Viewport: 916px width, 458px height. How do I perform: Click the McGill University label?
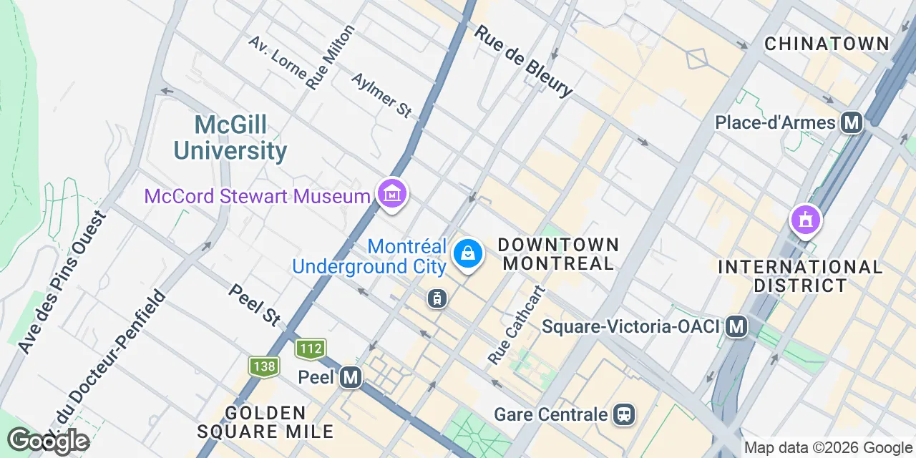(230, 138)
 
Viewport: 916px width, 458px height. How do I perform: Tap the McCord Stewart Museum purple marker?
(392, 194)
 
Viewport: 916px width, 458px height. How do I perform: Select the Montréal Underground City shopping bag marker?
(467, 254)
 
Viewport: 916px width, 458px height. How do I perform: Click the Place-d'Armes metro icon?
(852, 123)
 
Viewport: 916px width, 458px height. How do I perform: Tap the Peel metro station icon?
(350, 376)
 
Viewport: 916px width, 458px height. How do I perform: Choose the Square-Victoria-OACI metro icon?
(736, 327)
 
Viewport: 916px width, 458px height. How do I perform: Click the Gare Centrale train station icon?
(624, 414)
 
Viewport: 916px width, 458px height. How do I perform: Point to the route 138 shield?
(263, 367)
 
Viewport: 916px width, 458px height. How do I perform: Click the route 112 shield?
(310, 349)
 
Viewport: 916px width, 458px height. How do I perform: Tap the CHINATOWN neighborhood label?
(827, 44)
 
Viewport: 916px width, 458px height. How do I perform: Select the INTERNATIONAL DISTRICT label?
(800, 276)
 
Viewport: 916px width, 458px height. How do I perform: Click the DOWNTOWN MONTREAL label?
(558, 254)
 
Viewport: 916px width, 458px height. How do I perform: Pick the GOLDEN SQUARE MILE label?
(265, 422)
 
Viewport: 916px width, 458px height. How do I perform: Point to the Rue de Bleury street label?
(523, 61)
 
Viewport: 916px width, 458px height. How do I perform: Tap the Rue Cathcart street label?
(517, 324)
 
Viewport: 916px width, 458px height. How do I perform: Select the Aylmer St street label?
(382, 94)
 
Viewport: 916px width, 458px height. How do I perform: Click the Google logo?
(48, 441)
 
